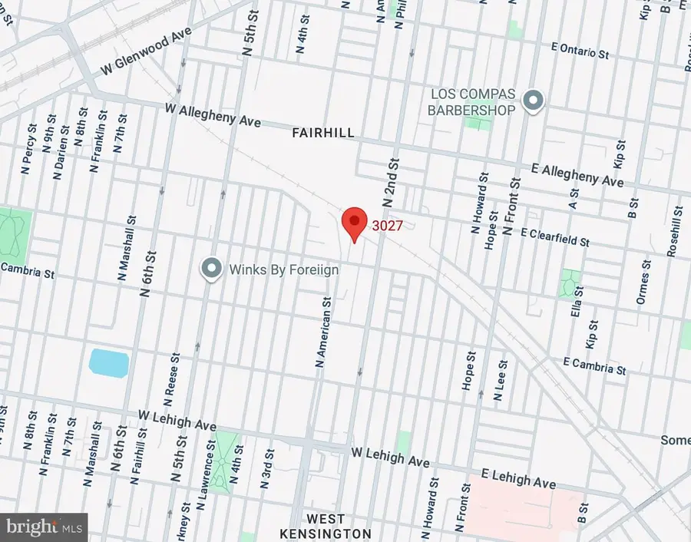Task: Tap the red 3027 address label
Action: click(388, 226)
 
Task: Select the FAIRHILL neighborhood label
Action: click(323, 133)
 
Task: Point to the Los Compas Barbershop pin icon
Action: click(532, 100)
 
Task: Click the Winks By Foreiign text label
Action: click(283, 269)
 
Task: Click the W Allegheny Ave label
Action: click(213, 116)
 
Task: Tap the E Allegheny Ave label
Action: click(578, 174)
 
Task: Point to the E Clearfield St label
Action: click(554, 236)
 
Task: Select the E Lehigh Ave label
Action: click(517, 478)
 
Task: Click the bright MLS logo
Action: click(44, 527)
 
